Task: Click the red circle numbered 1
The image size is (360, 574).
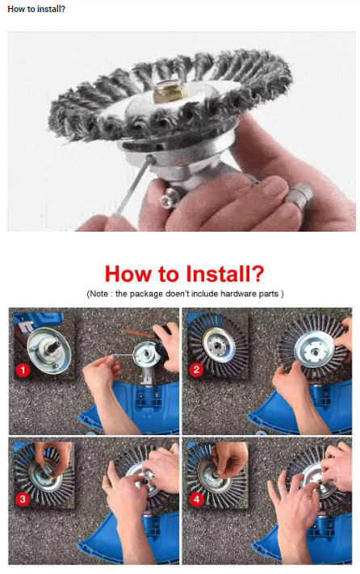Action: coord(23,371)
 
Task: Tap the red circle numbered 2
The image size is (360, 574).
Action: coord(196,370)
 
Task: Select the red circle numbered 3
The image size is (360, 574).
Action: coord(23,499)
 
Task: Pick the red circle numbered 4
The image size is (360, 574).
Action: coord(196,499)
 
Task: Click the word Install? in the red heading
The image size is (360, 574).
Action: coord(224,274)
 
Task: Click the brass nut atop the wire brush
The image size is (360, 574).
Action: coord(167,91)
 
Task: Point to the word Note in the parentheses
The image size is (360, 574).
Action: coord(98,294)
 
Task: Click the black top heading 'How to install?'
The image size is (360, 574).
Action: coord(36,9)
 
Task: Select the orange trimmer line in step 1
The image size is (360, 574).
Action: coord(138,333)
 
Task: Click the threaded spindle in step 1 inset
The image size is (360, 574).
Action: coord(55,345)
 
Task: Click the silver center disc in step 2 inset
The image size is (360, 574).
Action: coord(219,345)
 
